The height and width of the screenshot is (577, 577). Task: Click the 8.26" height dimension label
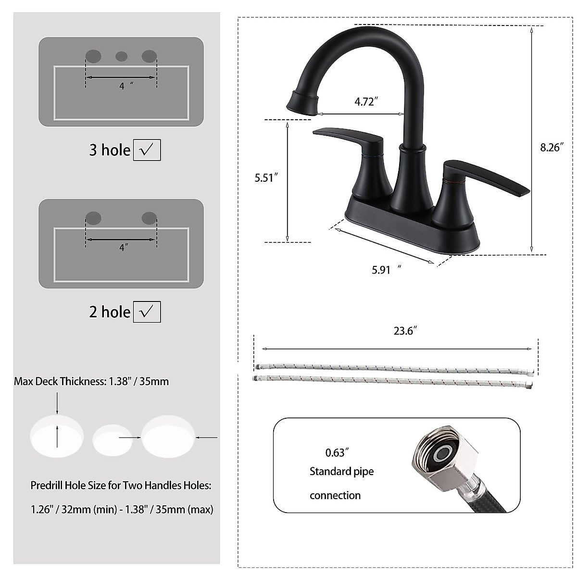551,148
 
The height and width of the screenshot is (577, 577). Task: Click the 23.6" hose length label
404,331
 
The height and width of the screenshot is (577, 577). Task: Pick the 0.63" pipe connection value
337,452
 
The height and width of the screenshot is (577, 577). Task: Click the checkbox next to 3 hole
147,150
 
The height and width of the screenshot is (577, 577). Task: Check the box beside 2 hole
147,312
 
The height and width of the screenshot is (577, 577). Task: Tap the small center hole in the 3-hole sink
121,56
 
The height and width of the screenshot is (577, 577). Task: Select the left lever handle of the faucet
346,137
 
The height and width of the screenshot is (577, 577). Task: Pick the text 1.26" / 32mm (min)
73,509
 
